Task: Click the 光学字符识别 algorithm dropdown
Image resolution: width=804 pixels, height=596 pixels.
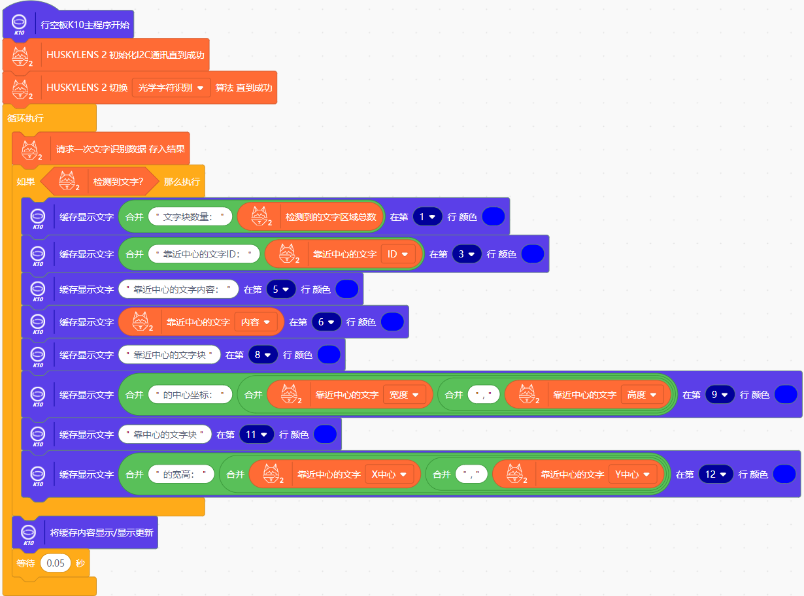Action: (171, 88)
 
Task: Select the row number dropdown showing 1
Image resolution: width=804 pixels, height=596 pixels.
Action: (427, 217)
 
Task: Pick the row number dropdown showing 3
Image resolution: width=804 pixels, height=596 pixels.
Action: (467, 254)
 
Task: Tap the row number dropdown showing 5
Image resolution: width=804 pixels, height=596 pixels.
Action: (281, 289)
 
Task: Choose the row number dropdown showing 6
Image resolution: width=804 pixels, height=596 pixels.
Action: (326, 322)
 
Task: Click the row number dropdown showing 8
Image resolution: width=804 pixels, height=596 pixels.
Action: (263, 355)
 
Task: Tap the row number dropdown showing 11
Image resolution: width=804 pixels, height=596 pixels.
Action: (256, 434)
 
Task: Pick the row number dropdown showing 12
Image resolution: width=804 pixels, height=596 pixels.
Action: (716, 474)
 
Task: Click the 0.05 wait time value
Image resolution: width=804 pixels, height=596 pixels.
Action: (55, 563)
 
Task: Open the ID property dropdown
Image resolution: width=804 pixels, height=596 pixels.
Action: (397, 254)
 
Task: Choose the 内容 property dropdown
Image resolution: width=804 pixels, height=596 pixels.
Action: (256, 322)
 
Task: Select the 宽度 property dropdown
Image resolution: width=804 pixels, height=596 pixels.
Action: (404, 395)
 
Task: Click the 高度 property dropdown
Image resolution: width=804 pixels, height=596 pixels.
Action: (642, 395)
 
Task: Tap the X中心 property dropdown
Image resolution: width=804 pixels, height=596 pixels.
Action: (389, 474)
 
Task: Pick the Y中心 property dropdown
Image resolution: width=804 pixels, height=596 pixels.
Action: (632, 474)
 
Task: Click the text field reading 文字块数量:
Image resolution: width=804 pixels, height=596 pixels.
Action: (190, 217)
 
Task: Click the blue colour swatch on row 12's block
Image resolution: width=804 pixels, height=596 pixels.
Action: (784, 474)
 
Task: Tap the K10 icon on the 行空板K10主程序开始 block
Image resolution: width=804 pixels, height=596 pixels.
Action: (19, 25)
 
